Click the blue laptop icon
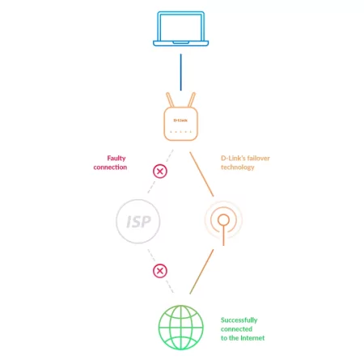[180, 28]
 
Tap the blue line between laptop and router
[181, 72]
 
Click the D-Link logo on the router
[180, 121]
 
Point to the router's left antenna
[170, 99]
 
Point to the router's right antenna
[192, 99]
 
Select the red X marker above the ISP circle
[160, 171]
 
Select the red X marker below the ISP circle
[160, 271]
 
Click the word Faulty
[116, 159]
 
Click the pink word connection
[110, 167]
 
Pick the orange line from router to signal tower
[201, 174]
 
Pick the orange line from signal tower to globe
[201, 272]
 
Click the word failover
[258, 159]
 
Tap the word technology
[238, 167]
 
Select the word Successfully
[239, 320]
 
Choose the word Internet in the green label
[252, 338]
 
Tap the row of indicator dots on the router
[180, 132]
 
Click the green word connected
[236, 329]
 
